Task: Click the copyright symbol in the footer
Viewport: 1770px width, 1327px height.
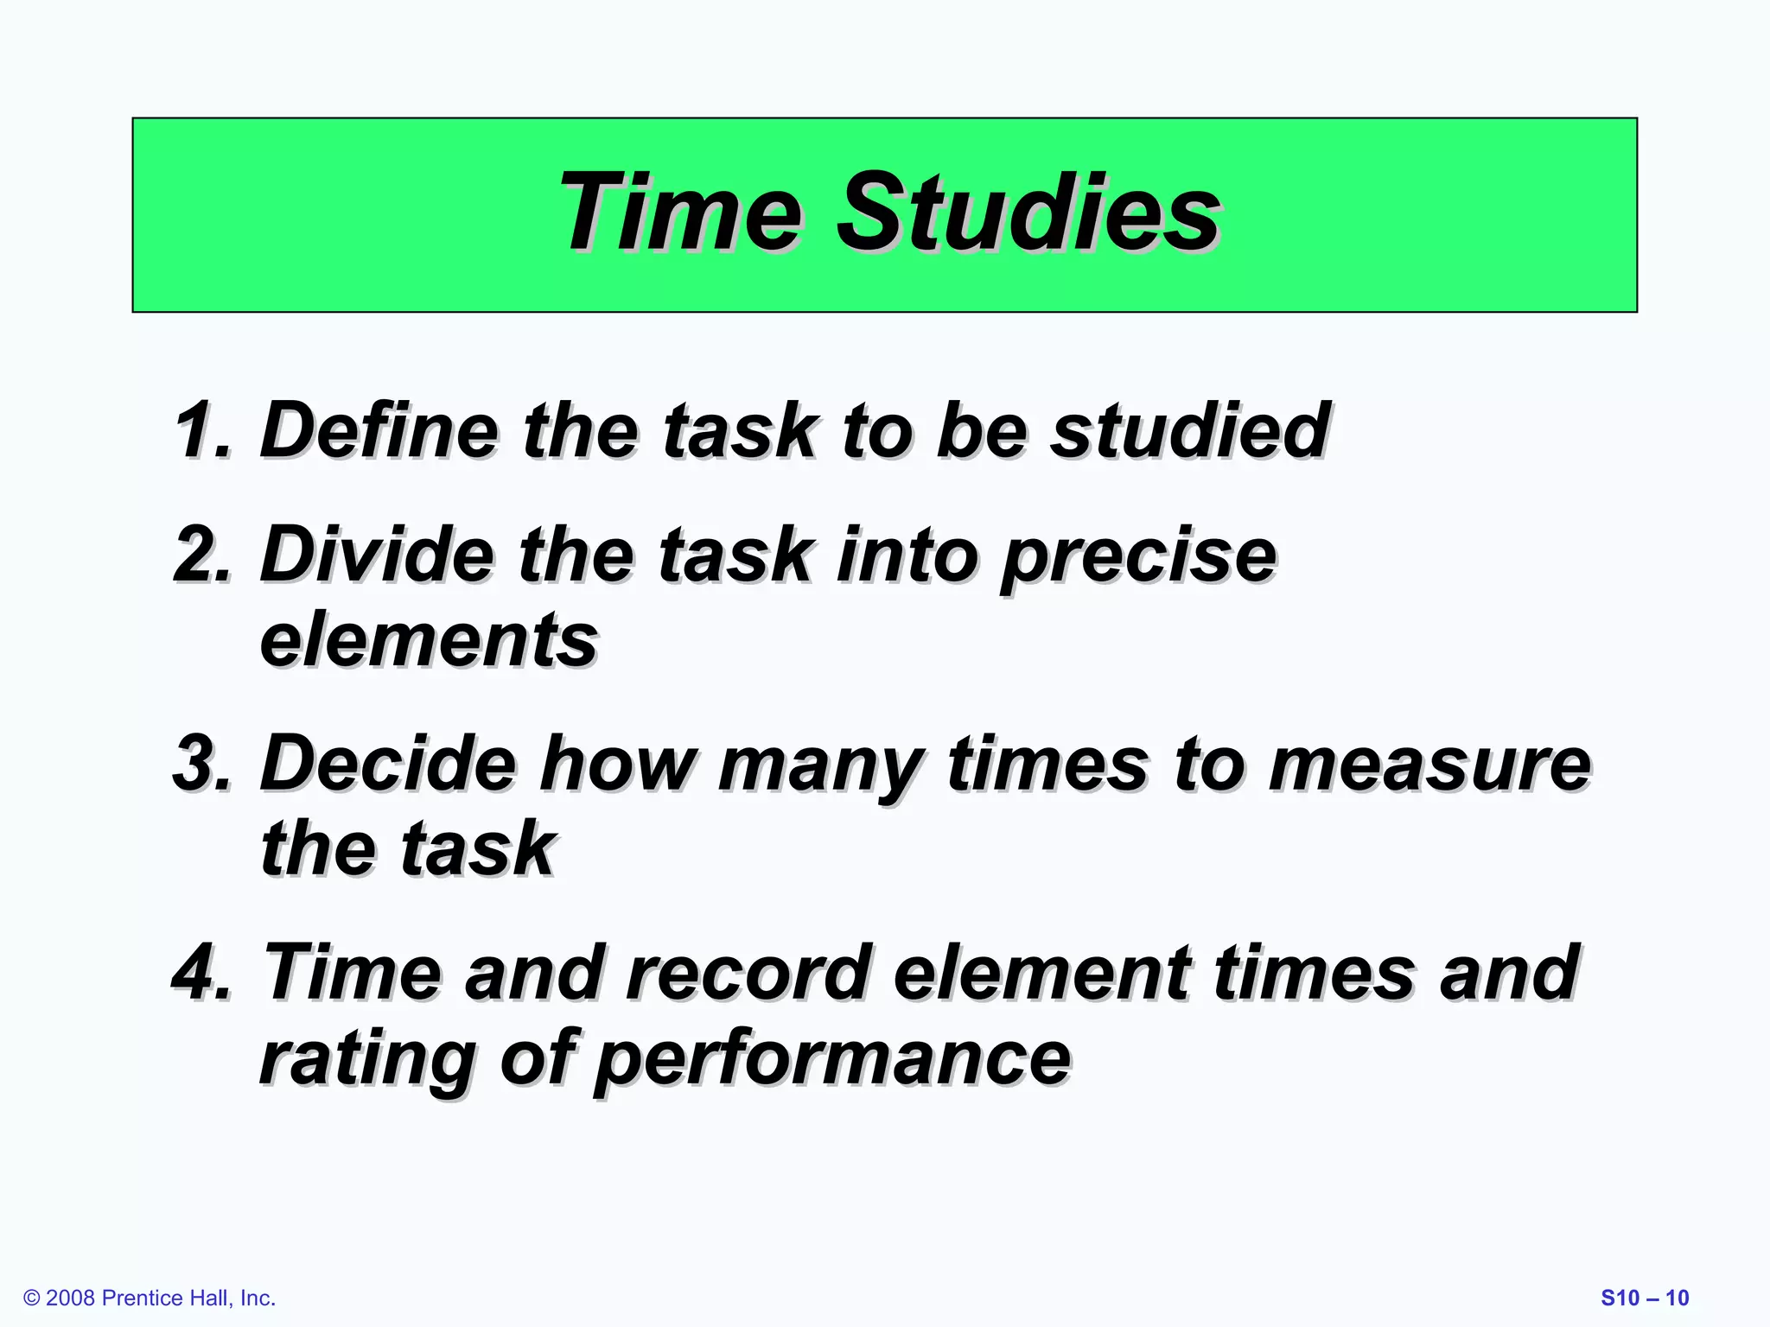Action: (32, 1298)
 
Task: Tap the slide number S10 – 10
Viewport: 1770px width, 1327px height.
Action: (1645, 1298)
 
